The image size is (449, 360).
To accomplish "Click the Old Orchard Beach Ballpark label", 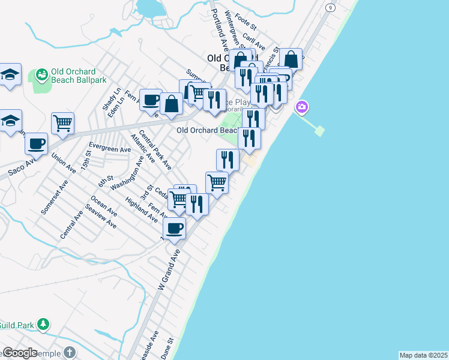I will (x=73, y=76).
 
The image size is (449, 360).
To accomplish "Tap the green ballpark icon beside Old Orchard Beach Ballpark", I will (x=42, y=75).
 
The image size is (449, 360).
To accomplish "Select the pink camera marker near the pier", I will (x=302, y=107).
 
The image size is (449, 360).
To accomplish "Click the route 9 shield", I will (x=331, y=7).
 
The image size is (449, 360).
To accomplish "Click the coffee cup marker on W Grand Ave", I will (x=175, y=229).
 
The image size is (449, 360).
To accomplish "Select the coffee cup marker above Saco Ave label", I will (x=37, y=144).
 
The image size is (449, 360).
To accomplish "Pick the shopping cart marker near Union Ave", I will (x=63, y=124).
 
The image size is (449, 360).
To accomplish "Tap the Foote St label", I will (x=246, y=23).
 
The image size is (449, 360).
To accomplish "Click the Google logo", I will (x=20, y=353).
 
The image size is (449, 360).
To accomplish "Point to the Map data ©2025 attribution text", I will (x=423, y=355).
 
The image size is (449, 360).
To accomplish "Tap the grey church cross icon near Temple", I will (x=70, y=352).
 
